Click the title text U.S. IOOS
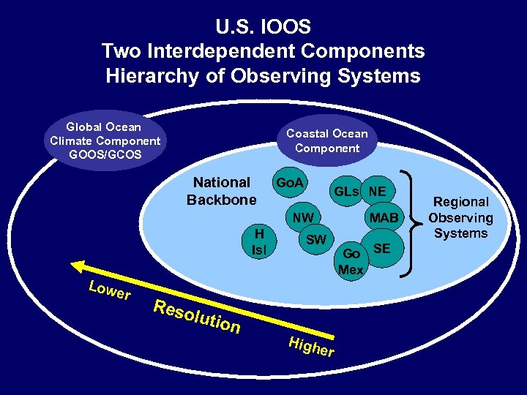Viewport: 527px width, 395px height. tap(263, 27)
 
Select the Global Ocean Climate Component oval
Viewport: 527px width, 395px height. tap(105, 140)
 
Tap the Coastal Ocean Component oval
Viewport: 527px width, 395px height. tap(326, 140)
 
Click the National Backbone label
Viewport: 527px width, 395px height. tap(221, 191)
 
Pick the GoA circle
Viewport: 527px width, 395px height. tap(291, 182)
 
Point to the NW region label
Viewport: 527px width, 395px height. tap(302, 217)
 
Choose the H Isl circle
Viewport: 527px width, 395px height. tap(259, 241)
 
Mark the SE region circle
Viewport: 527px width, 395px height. tap(381, 249)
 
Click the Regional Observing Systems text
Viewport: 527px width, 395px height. tap(460, 217)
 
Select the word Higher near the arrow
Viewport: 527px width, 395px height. tap(311, 347)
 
